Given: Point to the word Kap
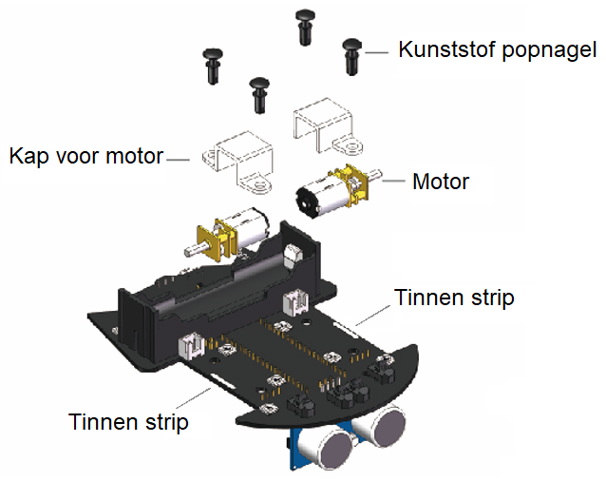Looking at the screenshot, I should click(28, 156).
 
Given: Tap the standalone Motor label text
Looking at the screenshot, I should click(441, 181).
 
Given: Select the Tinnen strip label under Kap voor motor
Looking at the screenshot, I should click(128, 420).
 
